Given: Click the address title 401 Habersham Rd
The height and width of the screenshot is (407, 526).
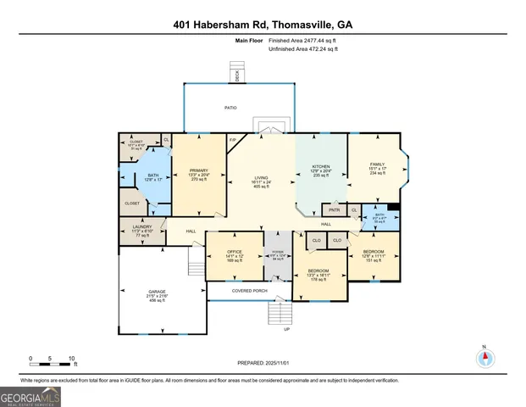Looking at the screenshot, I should pyautogui.click(x=263, y=25).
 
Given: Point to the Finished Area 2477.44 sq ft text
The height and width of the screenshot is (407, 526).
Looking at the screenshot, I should pyautogui.click(x=302, y=41).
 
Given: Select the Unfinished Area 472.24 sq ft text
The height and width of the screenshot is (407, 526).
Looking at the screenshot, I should pyautogui.click(x=303, y=50).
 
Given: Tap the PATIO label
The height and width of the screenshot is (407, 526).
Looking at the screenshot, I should pyautogui.click(x=230, y=108).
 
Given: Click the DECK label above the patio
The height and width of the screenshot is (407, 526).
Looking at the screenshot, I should pyautogui.click(x=237, y=76).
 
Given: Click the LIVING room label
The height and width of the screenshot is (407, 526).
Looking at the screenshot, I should pyautogui.click(x=261, y=181).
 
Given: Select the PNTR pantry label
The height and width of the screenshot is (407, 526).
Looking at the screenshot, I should pyautogui.click(x=334, y=209).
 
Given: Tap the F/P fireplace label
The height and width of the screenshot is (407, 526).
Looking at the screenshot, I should pyautogui.click(x=233, y=139).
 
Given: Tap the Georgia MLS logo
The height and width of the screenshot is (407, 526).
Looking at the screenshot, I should pyautogui.click(x=30, y=396).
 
